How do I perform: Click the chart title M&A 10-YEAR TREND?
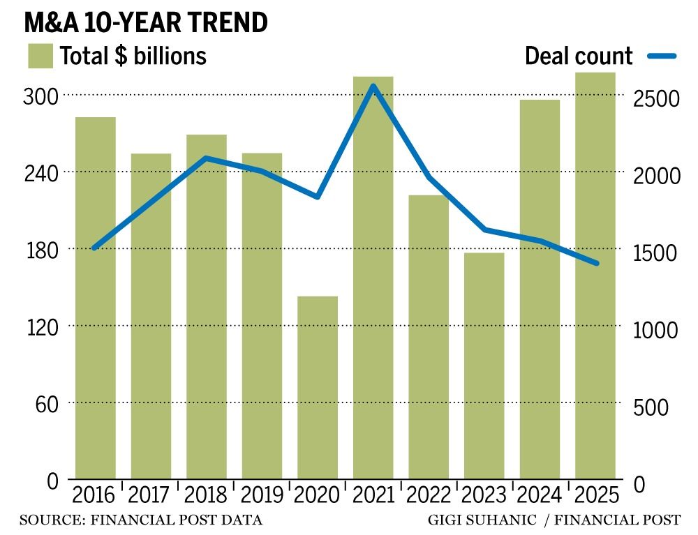146,22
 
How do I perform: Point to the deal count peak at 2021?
373,86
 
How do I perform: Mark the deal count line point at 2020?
318,197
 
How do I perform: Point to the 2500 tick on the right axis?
660,99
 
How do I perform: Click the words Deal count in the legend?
579,56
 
